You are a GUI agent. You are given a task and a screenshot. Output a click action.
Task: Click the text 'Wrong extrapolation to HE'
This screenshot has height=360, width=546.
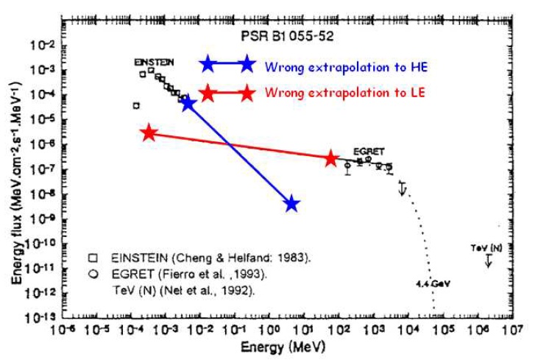[347, 67]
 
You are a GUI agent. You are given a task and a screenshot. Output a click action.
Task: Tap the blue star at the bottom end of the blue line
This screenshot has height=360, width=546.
[292, 204]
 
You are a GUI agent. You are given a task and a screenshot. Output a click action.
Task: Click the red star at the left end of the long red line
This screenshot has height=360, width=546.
[149, 133]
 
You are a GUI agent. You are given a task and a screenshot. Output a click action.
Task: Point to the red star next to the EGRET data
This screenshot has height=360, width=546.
[331, 158]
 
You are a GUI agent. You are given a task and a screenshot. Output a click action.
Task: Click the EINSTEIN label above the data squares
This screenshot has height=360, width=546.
[154, 63]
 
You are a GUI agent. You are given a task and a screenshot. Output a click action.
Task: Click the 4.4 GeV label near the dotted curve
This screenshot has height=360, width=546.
[428, 283]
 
